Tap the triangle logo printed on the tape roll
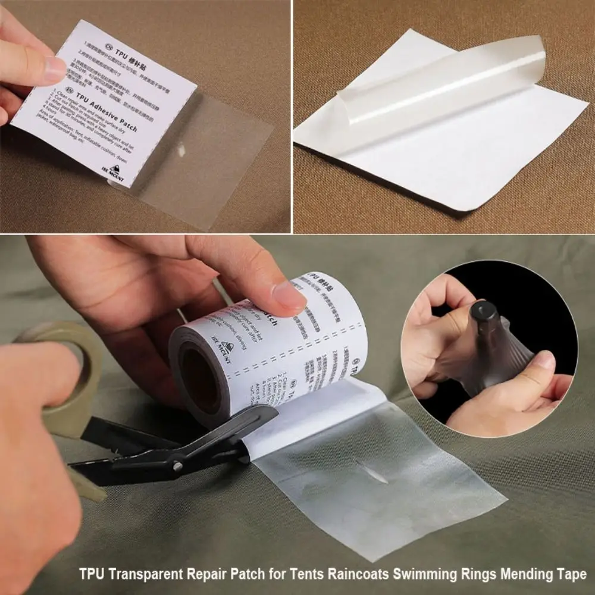point(226,350)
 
